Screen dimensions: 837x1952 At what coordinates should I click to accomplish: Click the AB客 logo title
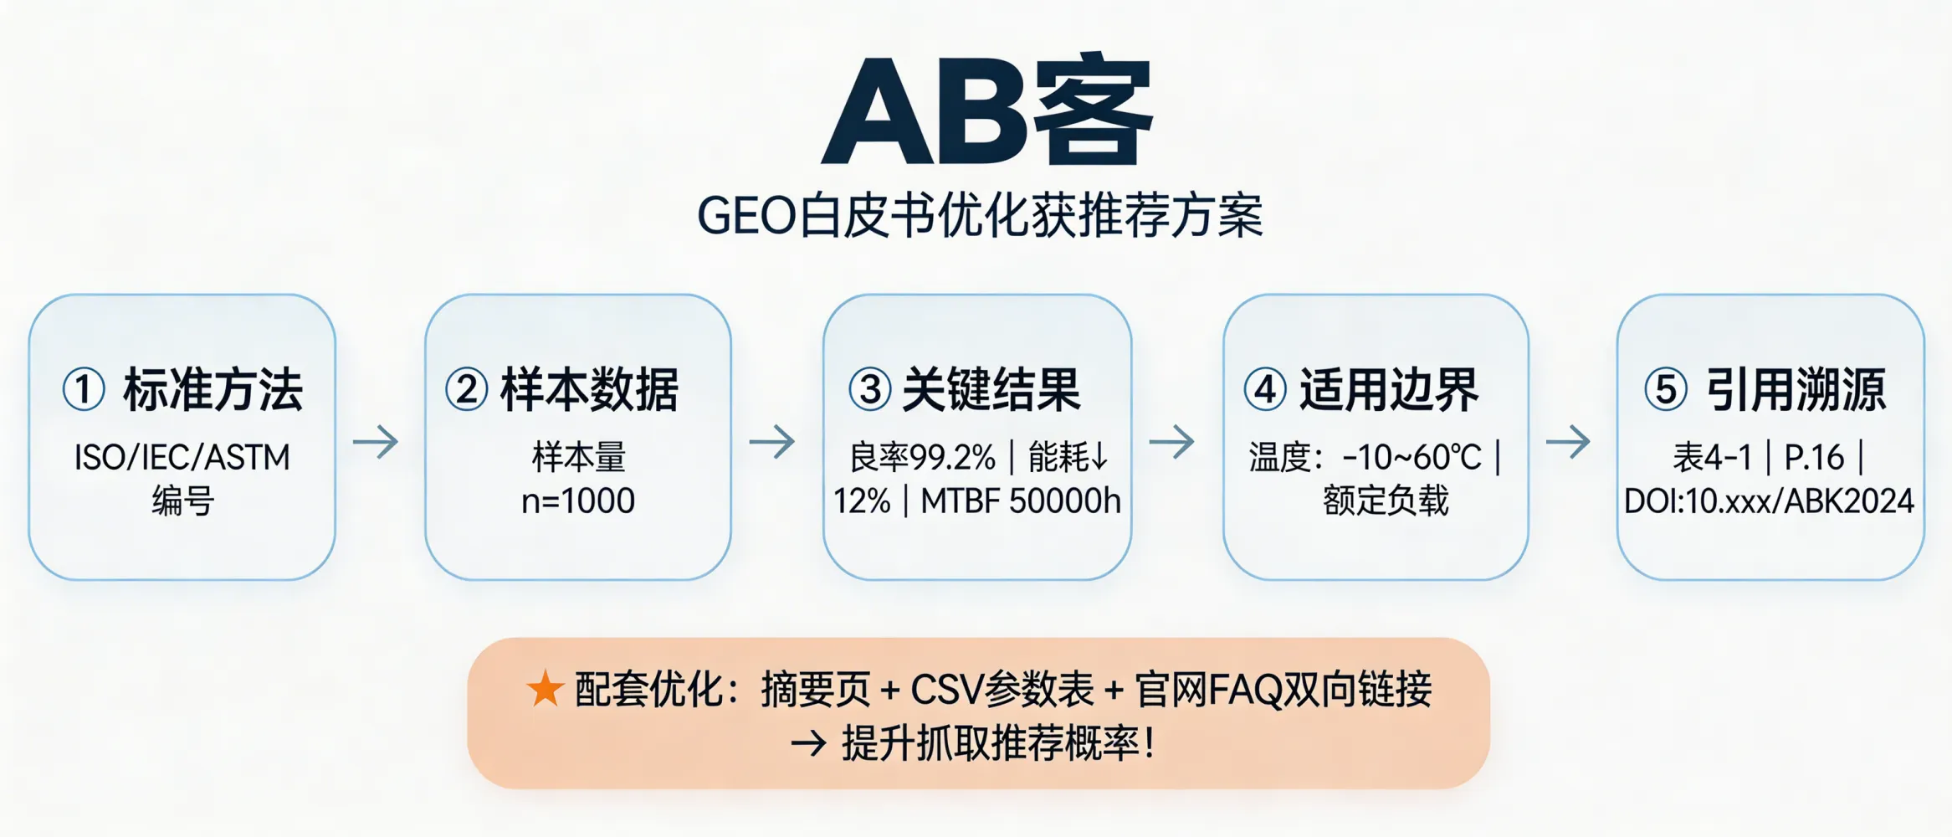point(987,110)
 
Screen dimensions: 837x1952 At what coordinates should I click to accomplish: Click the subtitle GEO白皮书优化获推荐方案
point(980,216)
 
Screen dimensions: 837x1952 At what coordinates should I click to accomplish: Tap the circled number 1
point(84,390)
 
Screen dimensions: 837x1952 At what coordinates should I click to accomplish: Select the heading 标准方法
point(213,390)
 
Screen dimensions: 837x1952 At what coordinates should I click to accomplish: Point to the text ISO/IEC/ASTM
point(182,457)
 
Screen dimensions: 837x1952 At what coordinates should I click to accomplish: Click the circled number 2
point(466,390)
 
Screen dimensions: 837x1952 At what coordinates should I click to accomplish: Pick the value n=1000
point(578,501)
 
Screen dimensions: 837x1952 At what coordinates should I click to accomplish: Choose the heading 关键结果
point(991,390)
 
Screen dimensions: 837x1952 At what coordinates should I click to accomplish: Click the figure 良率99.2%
point(922,457)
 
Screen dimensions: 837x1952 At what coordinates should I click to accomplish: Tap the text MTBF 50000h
point(1021,501)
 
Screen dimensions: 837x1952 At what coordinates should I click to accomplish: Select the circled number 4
point(1264,390)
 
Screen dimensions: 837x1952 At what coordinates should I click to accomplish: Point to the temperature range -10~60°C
point(1411,457)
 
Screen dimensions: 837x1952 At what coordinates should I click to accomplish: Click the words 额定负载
point(1386,501)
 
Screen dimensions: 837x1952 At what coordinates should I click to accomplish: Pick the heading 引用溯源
point(1796,390)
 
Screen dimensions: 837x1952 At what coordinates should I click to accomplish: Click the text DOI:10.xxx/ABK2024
point(1769,501)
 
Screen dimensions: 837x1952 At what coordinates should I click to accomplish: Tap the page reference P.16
point(1814,457)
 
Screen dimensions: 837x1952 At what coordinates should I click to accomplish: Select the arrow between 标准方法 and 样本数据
point(376,441)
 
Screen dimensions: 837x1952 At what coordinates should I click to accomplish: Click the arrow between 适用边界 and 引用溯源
point(1568,441)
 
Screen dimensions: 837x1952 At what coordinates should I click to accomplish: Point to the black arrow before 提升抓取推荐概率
point(808,743)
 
